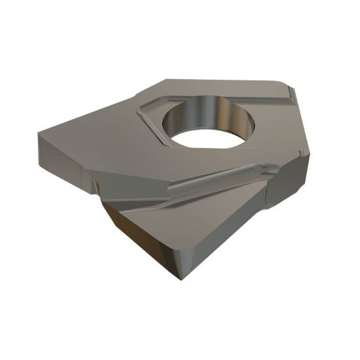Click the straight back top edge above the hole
coord(216,82)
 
